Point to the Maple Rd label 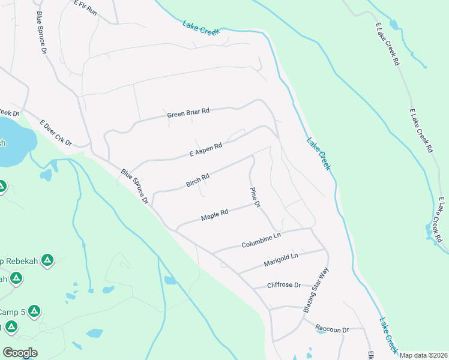pos(215,214)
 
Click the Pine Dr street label pos(255,197)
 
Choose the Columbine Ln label pos(261,241)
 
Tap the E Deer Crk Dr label pos(56,133)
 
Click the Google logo pos(20,353)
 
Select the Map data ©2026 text pos(424,355)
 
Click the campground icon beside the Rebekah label pos(48,261)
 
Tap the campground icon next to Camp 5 pos(34,311)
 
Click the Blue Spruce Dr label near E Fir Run pos(41,33)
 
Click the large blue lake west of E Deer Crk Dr pos(12,141)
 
